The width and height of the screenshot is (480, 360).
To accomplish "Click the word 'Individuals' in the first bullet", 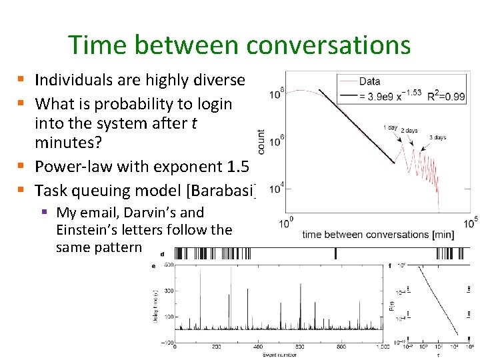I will (73, 81).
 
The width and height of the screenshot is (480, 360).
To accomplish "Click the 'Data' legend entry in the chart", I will (369, 82).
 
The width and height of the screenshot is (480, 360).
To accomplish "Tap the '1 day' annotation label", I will (391, 127).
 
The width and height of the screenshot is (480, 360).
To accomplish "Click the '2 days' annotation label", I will (409, 131).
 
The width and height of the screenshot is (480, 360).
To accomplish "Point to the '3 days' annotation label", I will (437, 137).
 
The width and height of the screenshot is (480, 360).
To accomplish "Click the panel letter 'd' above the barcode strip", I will (163, 253).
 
